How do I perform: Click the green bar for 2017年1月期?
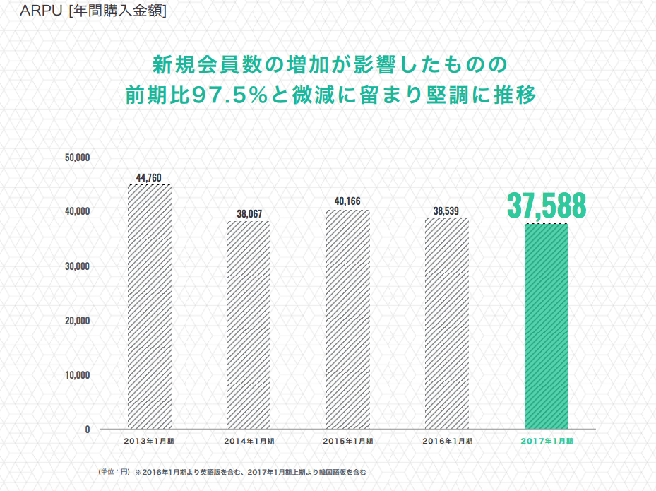tap(547, 326)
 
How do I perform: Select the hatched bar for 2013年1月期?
tap(150, 307)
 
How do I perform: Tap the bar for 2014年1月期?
tap(249, 325)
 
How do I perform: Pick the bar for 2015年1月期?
tap(348, 319)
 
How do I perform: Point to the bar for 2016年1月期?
tap(447, 324)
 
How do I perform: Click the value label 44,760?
tap(148, 178)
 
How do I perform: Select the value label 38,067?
tap(249, 214)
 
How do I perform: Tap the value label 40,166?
tap(347, 201)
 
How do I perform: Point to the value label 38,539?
tap(446, 211)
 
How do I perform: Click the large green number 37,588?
tap(547, 206)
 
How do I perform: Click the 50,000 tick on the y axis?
tap(78, 158)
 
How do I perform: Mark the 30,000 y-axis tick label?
tap(78, 266)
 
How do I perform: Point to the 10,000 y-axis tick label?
tap(78, 375)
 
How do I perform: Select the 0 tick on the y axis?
tap(88, 430)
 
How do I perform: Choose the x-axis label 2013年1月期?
tap(149, 441)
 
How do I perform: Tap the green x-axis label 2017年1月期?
tap(547, 441)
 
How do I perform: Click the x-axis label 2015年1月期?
tap(348, 441)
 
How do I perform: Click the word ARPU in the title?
tap(41, 11)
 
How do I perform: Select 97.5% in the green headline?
tap(230, 95)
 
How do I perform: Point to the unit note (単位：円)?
tap(114, 472)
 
